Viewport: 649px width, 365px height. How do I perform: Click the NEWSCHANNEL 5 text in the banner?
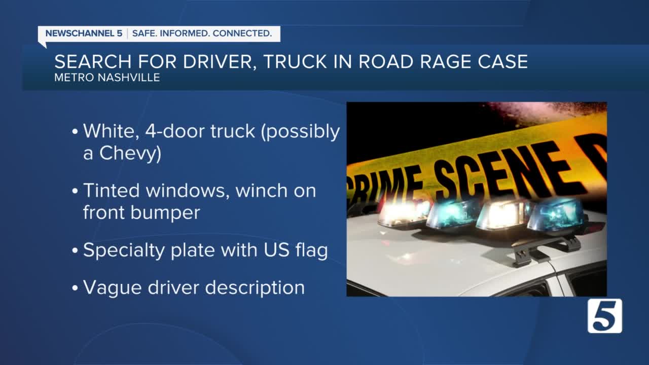pyautogui.click(x=84, y=33)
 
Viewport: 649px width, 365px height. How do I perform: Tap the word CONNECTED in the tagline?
pyautogui.click(x=242, y=33)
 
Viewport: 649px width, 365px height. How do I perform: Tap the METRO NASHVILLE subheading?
pyautogui.click(x=107, y=78)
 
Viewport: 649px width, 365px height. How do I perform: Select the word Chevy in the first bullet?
pyautogui.click(x=130, y=154)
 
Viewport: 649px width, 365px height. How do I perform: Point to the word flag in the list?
pyautogui.click(x=311, y=250)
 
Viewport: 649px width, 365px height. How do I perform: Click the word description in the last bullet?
pyautogui.click(x=255, y=288)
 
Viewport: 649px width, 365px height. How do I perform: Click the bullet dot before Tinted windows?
pyautogui.click(x=75, y=191)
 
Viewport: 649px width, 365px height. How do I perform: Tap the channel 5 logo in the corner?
pyautogui.click(x=605, y=316)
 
